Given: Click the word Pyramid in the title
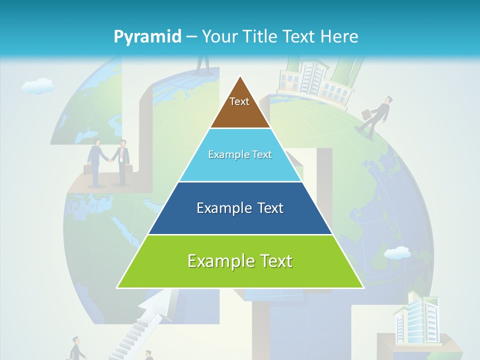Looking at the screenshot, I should coord(147,37).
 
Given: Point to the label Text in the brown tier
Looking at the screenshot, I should coord(239,101).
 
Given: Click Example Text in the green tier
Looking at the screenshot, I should coord(240,261).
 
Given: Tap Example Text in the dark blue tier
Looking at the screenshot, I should coord(240,208).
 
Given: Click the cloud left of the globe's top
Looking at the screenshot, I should coord(38,86).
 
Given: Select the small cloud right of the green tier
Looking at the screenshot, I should coord(397,253).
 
